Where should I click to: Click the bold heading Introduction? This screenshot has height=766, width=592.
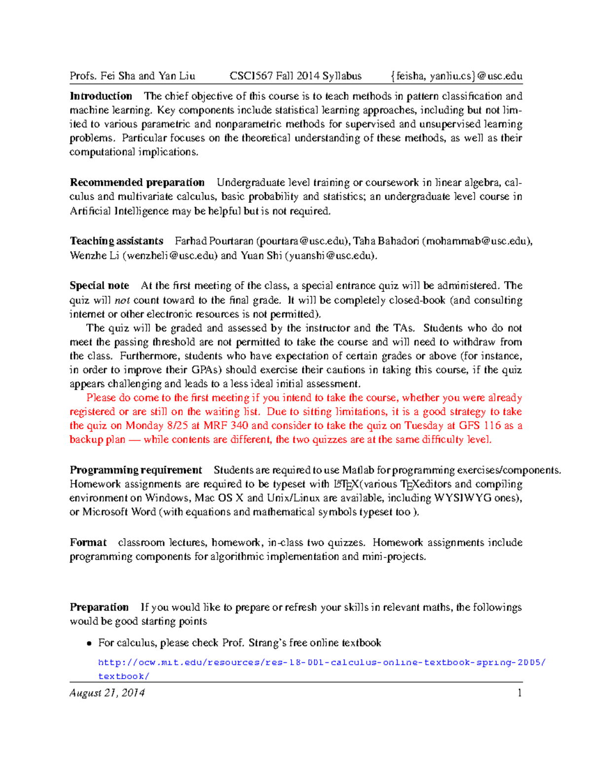101,96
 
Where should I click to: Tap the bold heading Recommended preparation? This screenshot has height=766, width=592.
137,182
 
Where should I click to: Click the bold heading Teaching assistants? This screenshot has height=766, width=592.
116,241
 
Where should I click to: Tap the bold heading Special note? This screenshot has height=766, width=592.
99,286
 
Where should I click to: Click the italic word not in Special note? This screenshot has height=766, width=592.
122,300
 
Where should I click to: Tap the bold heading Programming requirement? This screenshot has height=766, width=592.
136,470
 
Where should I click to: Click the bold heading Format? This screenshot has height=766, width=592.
88,543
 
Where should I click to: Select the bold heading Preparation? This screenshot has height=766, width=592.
99,607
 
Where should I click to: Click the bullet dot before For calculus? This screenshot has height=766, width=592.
89,643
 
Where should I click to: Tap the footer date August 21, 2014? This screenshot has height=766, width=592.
107,693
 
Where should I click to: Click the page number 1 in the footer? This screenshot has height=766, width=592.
519,693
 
